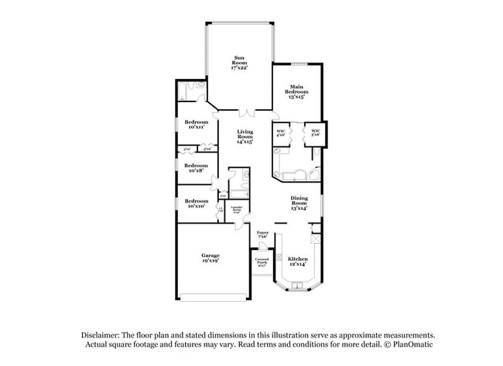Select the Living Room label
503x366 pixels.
(245, 137)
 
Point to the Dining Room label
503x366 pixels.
(299, 204)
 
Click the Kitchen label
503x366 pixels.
(298, 262)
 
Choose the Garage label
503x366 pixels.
(210, 258)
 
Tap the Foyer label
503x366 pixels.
(262, 234)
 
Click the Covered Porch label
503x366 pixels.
(262, 262)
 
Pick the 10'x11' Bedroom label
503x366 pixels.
(196, 125)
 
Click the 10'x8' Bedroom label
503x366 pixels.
(196, 167)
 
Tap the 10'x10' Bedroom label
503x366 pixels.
(196, 204)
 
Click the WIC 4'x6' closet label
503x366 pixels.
(281, 132)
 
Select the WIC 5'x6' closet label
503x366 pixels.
(316, 132)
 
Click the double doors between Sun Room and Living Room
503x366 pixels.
(245, 111)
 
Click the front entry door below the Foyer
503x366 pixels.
(263, 246)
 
